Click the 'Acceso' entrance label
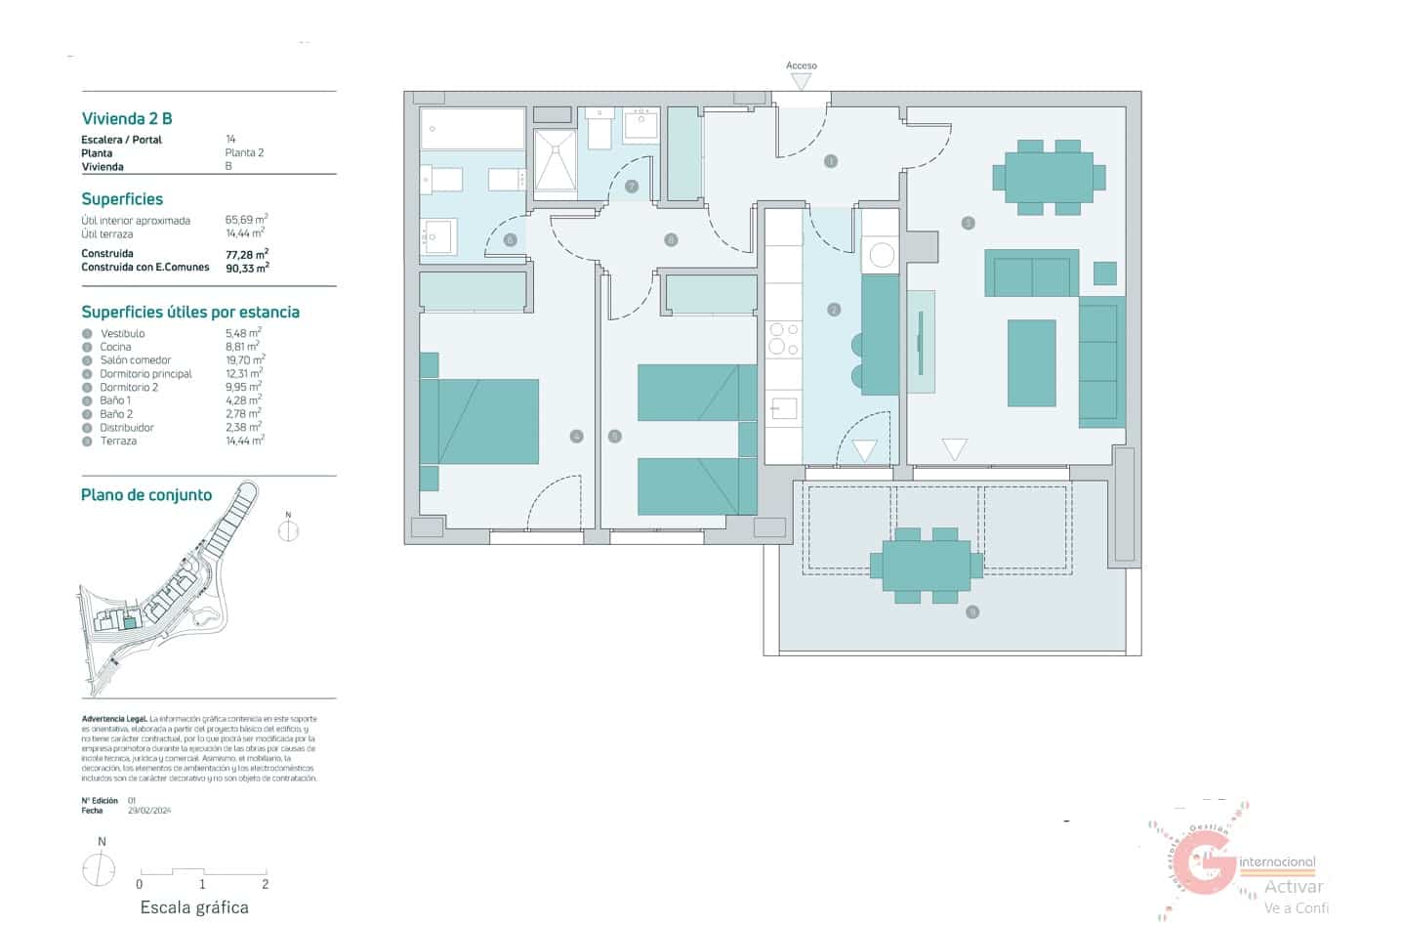click(801, 65)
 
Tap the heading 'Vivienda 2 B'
click(127, 118)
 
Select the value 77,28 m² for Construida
click(246, 254)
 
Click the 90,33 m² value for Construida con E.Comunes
click(246, 268)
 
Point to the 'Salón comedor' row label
click(135, 360)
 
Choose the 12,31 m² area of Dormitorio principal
click(243, 374)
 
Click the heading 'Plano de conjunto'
click(146, 495)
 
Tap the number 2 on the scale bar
click(265, 884)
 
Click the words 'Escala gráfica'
click(194, 907)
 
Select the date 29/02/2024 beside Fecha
click(149, 811)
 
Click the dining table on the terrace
click(926, 566)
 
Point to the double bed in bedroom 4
click(487, 421)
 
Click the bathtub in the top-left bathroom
click(473, 129)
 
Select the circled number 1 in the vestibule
click(830, 161)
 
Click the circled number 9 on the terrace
click(971, 612)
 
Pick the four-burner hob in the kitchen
click(783, 339)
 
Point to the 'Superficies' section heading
click(122, 199)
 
